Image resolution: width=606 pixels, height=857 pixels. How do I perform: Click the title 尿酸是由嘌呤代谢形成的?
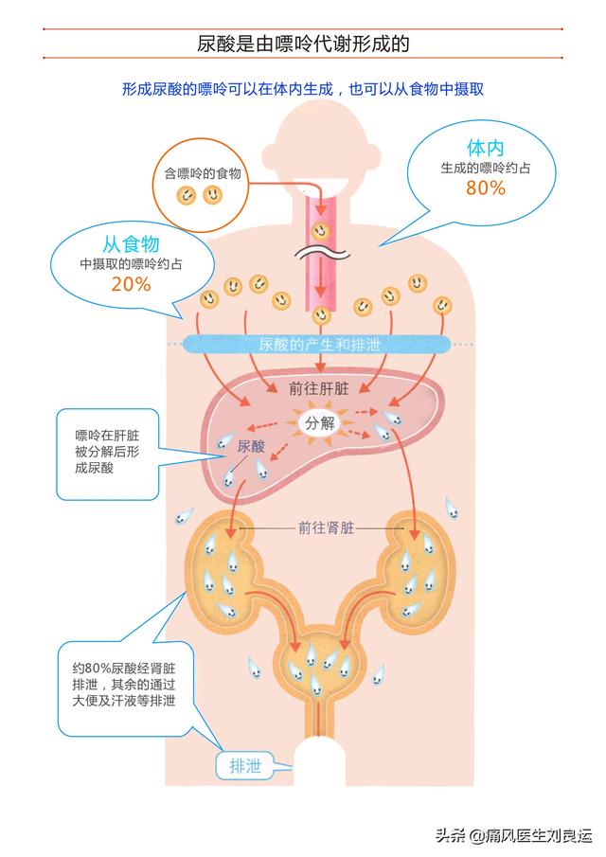(x=303, y=44)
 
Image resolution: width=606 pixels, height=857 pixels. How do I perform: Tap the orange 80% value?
(x=485, y=187)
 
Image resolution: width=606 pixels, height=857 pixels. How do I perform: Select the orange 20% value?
(x=131, y=283)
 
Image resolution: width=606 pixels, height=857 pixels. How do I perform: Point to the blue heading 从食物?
(x=131, y=244)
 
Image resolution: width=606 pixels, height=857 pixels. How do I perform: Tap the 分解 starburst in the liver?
(x=318, y=423)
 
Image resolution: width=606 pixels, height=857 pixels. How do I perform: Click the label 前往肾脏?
(x=326, y=527)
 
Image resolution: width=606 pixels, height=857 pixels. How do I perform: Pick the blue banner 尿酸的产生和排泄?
(x=319, y=346)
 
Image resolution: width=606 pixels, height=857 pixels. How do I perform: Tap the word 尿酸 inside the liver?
(x=251, y=444)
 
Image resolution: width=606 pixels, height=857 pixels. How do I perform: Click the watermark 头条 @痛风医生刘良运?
(x=512, y=834)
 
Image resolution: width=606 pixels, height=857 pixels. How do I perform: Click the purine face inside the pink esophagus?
(x=321, y=228)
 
